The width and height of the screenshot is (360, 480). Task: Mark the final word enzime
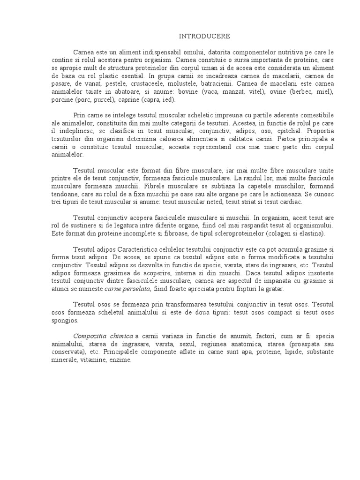pos(120,360)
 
